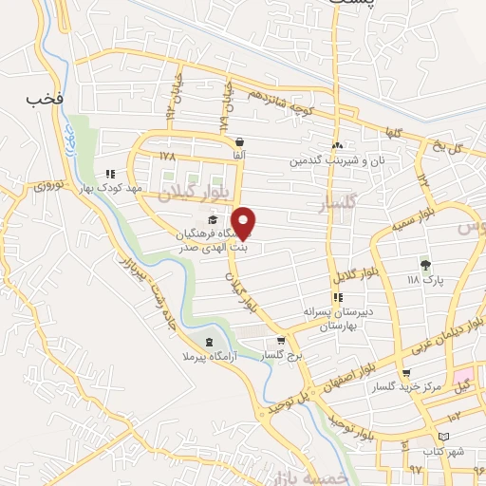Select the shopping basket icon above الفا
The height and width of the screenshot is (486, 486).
(x=238, y=141)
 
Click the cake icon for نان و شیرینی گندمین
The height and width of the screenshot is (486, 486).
(x=337, y=146)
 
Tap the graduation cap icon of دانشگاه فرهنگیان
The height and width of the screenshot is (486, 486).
(x=211, y=220)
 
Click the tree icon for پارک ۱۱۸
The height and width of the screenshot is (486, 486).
(x=424, y=265)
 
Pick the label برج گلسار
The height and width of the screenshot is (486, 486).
(x=281, y=356)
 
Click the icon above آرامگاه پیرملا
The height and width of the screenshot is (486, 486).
(x=209, y=341)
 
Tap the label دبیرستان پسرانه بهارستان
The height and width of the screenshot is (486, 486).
(x=334, y=318)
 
